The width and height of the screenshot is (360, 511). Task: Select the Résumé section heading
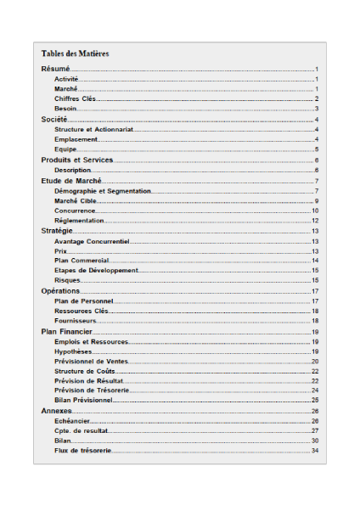(55, 69)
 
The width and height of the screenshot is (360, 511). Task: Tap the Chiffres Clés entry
(75, 98)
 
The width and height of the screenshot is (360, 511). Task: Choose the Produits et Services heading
(77, 160)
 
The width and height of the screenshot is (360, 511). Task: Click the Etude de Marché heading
(71, 181)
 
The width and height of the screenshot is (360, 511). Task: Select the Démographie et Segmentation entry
(102, 191)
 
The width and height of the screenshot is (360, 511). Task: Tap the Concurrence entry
(75, 211)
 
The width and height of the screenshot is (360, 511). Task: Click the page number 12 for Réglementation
(314, 221)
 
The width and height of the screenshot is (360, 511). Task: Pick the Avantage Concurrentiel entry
(92, 241)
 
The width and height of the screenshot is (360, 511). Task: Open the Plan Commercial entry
(82, 261)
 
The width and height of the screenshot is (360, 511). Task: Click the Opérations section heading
(60, 291)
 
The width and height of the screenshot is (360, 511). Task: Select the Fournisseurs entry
(76, 321)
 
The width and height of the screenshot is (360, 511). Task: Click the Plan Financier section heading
(66, 331)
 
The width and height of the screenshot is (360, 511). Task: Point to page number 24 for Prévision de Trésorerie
(314, 390)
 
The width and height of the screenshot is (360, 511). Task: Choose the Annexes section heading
(56, 411)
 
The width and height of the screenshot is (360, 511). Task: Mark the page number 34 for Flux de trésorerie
(314, 451)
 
